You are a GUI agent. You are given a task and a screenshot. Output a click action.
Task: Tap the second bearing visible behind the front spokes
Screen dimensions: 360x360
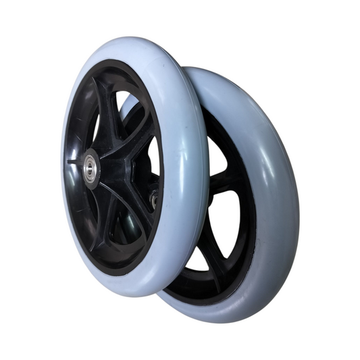pos(155,198)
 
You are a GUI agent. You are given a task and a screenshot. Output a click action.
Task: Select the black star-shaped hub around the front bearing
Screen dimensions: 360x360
pos(108,162)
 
